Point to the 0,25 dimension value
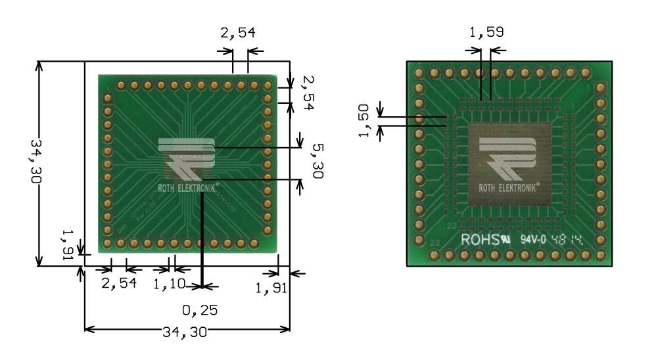pyautogui.click(x=200, y=309)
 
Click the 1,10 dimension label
pyautogui.click(x=169, y=284)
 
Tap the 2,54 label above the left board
pyautogui.click(x=237, y=33)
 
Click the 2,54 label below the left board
pyautogui.click(x=119, y=284)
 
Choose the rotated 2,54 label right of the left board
pyautogui.click(x=308, y=92)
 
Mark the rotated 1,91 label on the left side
pyautogui.click(x=67, y=246)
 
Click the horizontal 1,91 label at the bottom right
pyautogui.click(x=271, y=288)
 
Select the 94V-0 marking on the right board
pyautogui.click(x=533, y=240)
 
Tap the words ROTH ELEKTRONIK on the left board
pyautogui.click(x=187, y=185)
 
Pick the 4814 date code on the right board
pyautogui.click(x=567, y=240)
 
